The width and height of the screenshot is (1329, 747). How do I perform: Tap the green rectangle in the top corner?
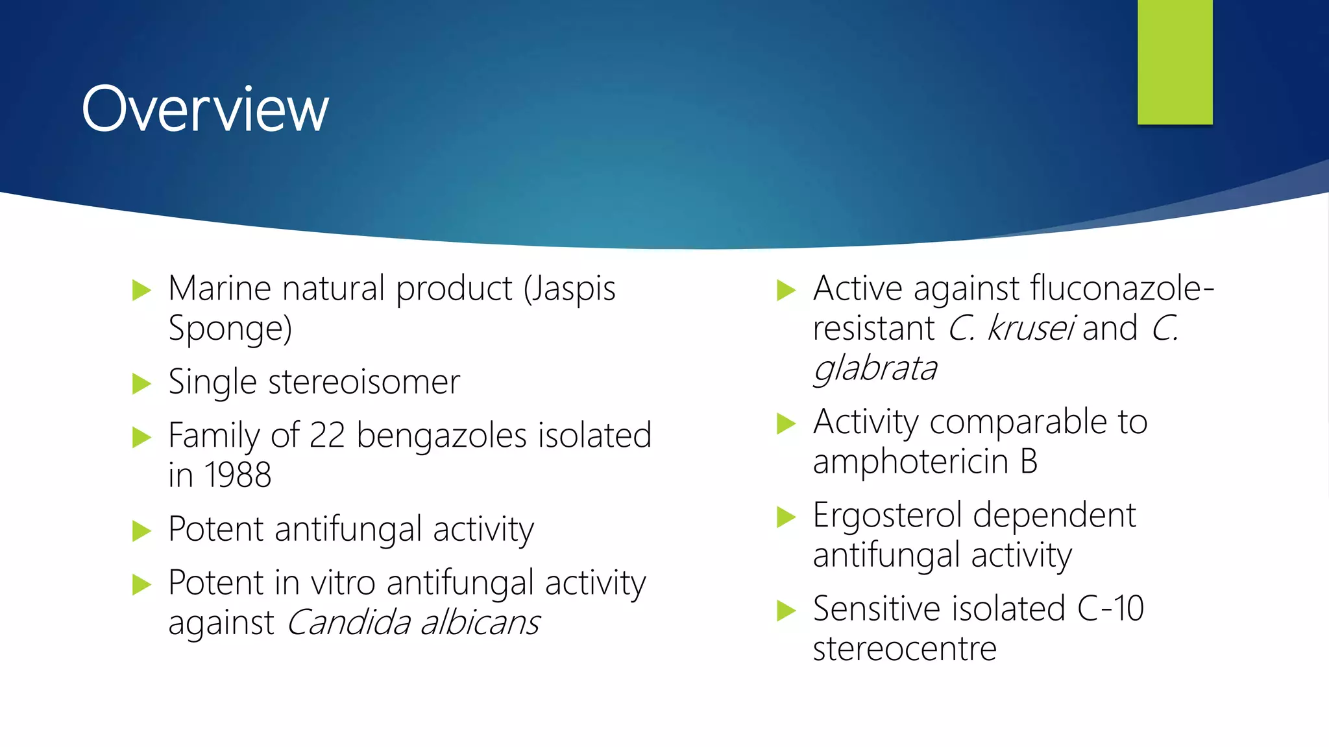pos(1175,62)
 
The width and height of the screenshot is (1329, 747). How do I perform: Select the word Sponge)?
pos(230,329)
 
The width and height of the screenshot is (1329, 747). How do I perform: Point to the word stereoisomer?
pos(364,382)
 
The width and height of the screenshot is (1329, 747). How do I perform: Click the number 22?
pos(327,435)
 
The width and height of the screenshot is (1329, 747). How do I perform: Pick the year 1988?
pos(238,475)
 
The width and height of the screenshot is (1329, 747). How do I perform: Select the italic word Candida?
pos(348,623)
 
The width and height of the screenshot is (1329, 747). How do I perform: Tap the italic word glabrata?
pos(875,369)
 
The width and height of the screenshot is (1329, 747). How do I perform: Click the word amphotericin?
pos(910,462)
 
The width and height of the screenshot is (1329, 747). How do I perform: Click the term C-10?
pos(1110,609)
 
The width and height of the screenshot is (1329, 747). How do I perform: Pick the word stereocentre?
pos(905,649)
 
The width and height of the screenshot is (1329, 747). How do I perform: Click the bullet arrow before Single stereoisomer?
pos(141,383)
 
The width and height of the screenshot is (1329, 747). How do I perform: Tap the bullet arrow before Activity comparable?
pos(786,423)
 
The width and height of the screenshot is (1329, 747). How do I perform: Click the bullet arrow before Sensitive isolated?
pos(786,610)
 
